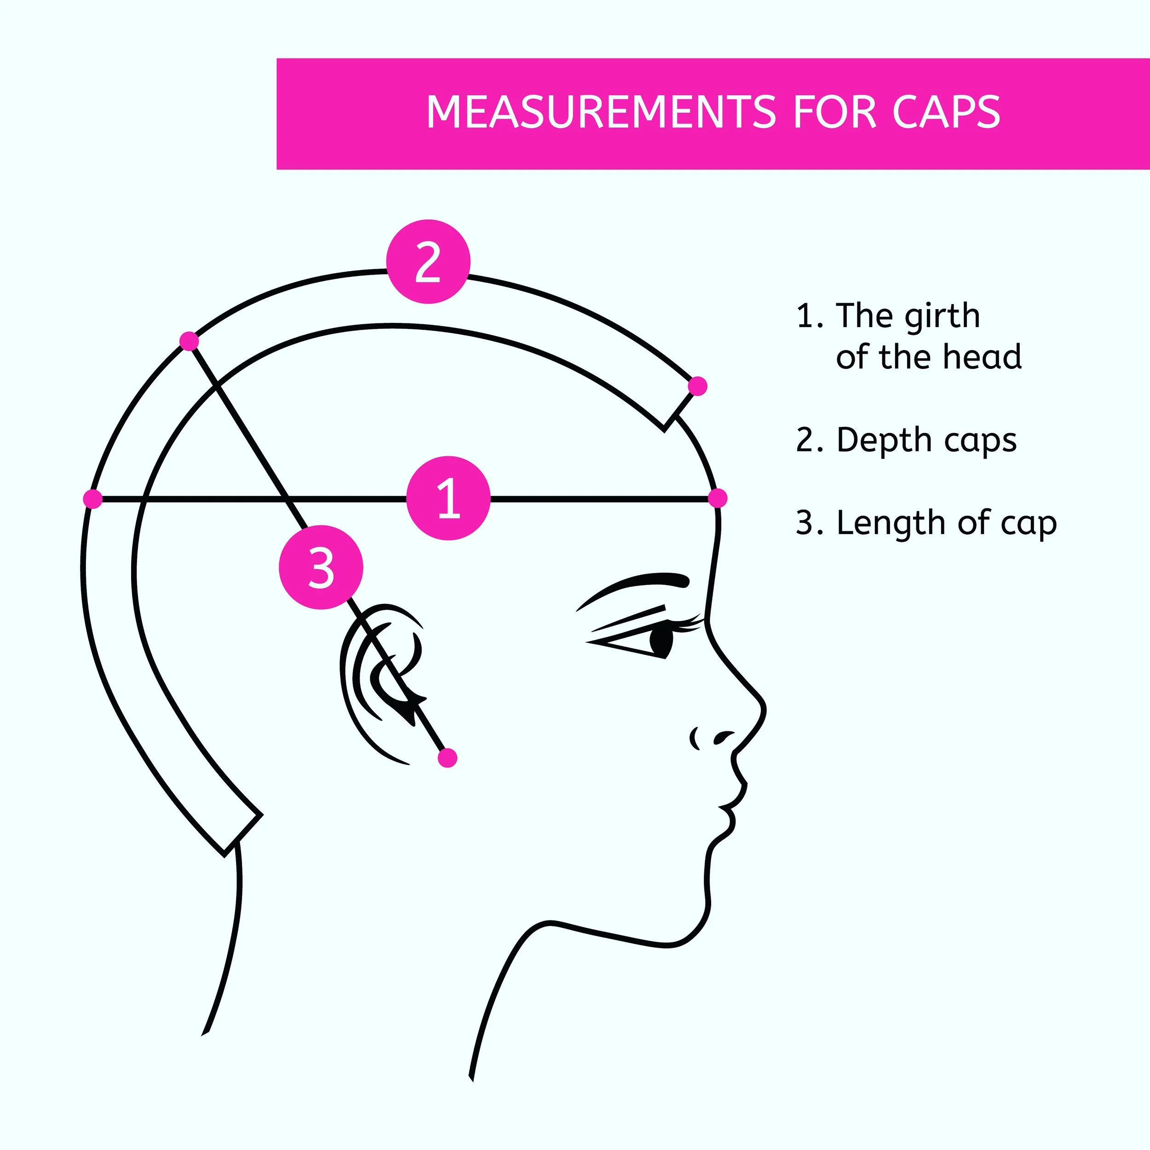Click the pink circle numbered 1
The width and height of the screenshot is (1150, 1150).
[x=448, y=498]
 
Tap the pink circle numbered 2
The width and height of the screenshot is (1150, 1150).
[x=428, y=262]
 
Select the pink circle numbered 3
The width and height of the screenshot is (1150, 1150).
[x=321, y=567]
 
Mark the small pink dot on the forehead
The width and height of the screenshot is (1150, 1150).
[x=718, y=498]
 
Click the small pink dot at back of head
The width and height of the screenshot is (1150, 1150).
[x=93, y=499]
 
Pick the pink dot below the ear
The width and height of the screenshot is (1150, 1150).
[x=447, y=758]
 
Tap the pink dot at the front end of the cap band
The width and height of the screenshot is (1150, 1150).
[x=697, y=386]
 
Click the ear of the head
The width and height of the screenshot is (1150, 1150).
[x=381, y=678]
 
